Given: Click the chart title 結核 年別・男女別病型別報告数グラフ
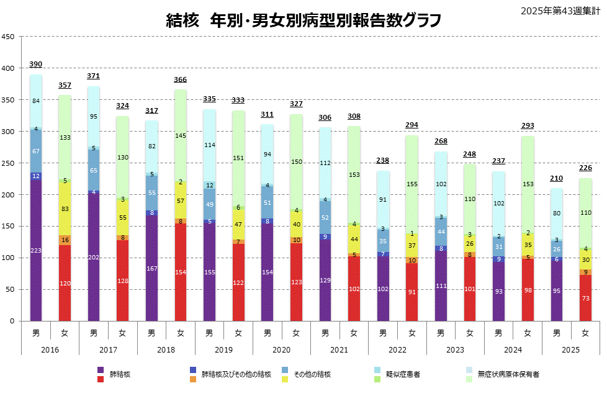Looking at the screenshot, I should click(x=303, y=20).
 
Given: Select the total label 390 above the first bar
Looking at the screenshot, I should click(x=36, y=65).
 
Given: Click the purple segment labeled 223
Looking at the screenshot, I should click(x=36, y=250).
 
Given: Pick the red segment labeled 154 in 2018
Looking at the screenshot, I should click(x=181, y=272).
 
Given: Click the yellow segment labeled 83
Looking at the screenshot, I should click(x=65, y=209).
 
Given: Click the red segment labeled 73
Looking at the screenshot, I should click(x=585, y=298).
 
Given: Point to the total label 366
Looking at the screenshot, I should click(x=181, y=79).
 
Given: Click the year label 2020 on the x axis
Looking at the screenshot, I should click(x=281, y=350).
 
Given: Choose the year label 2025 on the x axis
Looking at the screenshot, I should click(x=570, y=350).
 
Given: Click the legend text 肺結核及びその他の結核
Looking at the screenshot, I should click(x=236, y=374).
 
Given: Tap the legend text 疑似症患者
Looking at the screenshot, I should click(x=403, y=374).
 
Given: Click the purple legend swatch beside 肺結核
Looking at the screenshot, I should click(x=101, y=371).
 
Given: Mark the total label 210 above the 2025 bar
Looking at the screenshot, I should click(x=556, y=179).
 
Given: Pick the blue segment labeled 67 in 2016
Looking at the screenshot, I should click(x=36, y=151).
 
